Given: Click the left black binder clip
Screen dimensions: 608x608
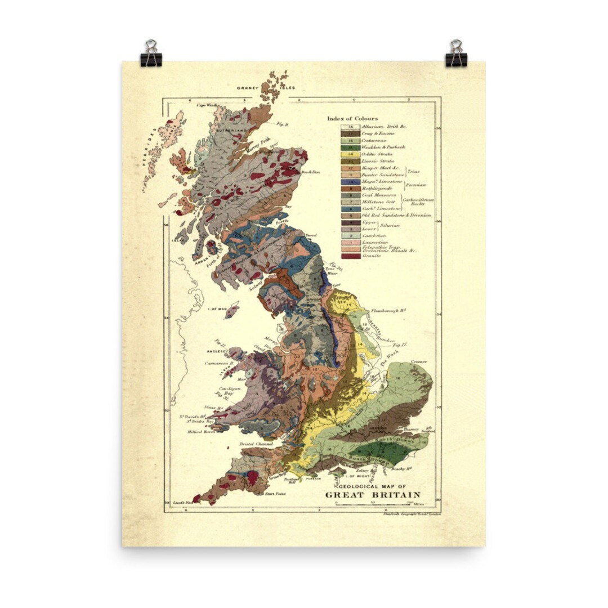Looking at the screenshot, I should (x=151, y=55).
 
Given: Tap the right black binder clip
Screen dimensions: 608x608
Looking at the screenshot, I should (x=456, y=55).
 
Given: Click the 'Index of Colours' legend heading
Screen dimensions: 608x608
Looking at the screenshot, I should (x=352, y=118).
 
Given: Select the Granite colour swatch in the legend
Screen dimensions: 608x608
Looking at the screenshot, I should (x=350, y=256).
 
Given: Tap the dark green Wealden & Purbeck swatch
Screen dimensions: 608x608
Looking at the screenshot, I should (x=350, y=147).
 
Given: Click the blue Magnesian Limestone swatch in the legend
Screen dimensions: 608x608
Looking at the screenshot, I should (x=350, y=182).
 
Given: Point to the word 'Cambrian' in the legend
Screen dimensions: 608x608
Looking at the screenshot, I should (x=373, y=236).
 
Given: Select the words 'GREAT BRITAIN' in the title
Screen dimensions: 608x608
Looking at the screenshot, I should (x=372, y=495).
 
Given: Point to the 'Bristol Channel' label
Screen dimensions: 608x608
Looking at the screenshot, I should (x=256, y=444).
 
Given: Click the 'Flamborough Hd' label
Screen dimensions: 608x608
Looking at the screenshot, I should (x=388, y=310).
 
